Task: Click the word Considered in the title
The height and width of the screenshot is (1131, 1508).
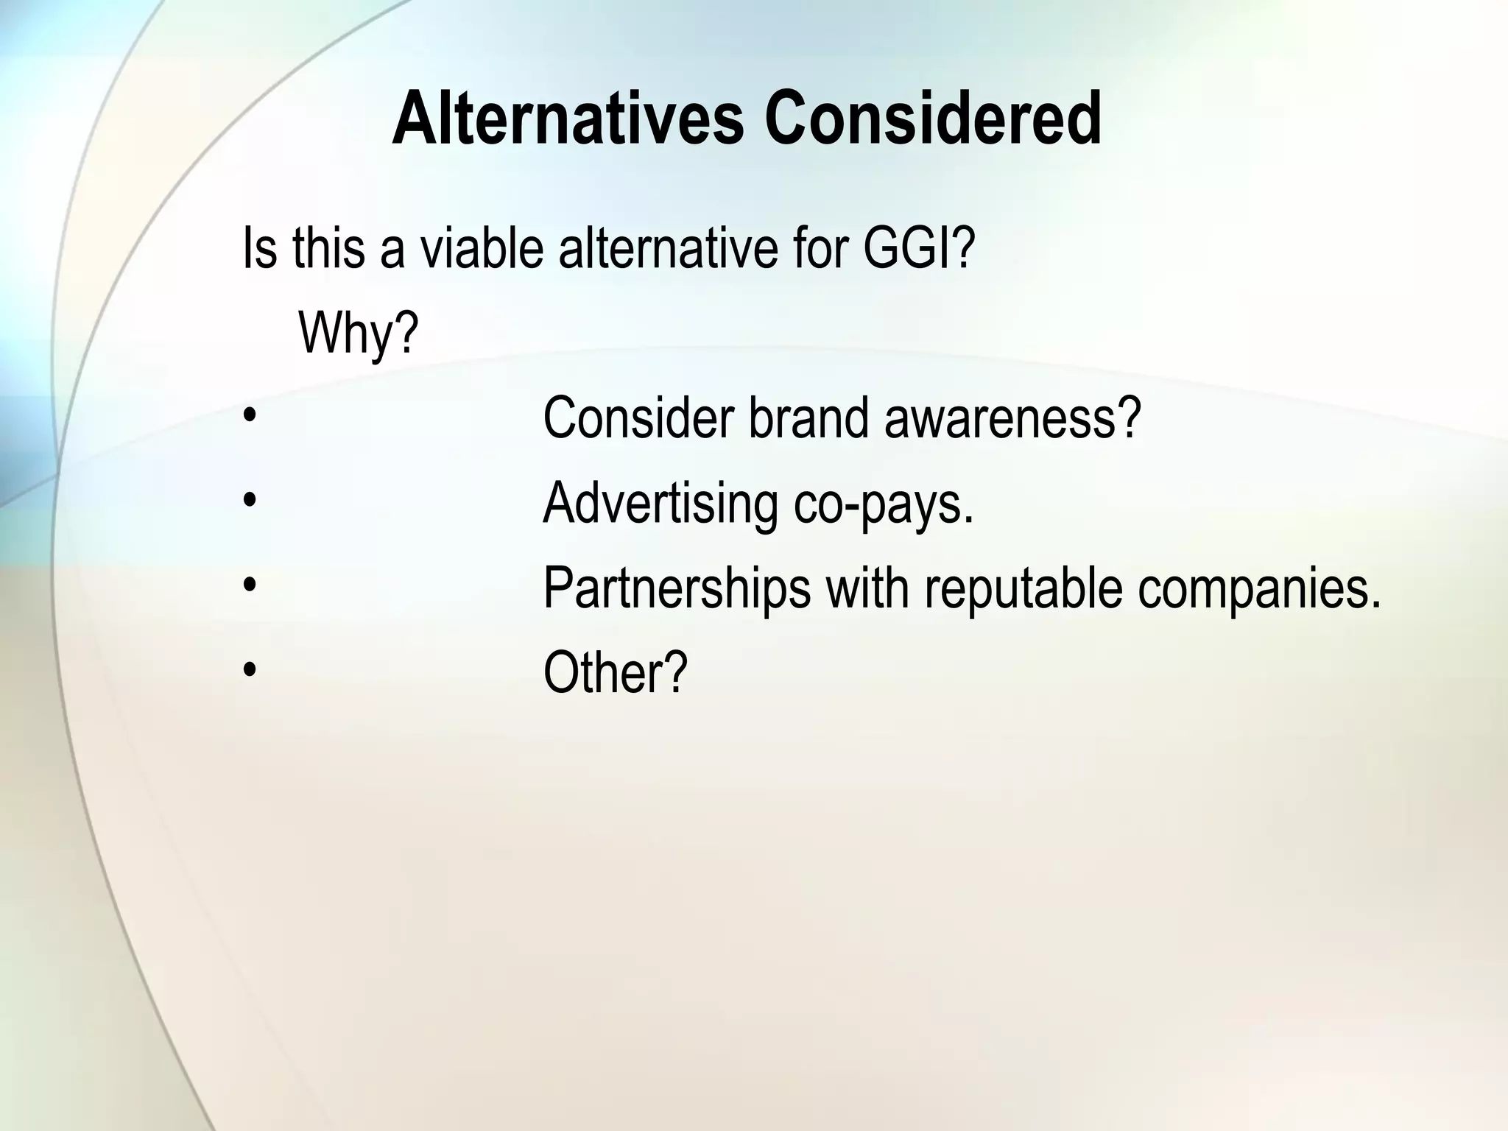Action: pyautogui.click(x=933, y=119)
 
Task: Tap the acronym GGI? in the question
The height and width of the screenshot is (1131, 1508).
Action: pyautogui.click(x=918, y=248)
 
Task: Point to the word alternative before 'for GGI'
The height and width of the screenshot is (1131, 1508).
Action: pyautogui.click(x=668, y=248)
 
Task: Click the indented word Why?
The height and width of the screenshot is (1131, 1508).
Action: pyautogui.click(x=358, y=334)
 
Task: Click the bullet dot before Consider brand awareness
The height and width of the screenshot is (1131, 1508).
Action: pyautogui.click(x=250, y=416)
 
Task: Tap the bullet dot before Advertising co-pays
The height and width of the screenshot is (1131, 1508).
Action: pyautogui.click(x=250, y=501)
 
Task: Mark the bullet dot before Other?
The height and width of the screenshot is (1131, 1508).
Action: pyautogui.click(x=250, y=670)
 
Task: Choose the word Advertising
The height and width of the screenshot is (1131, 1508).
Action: pyautogui.click(x=660, y=503)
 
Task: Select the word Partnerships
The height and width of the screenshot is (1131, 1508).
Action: pyautogui.click(x=677, y=588)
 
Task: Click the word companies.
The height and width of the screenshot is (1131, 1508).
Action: pyautogui.click(x=1258, y=588)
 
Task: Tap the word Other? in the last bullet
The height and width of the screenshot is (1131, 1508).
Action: pyautogui.click(x=615, y=672)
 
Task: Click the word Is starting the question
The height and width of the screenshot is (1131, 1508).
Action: pyautogui.click(x=259, y=248)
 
